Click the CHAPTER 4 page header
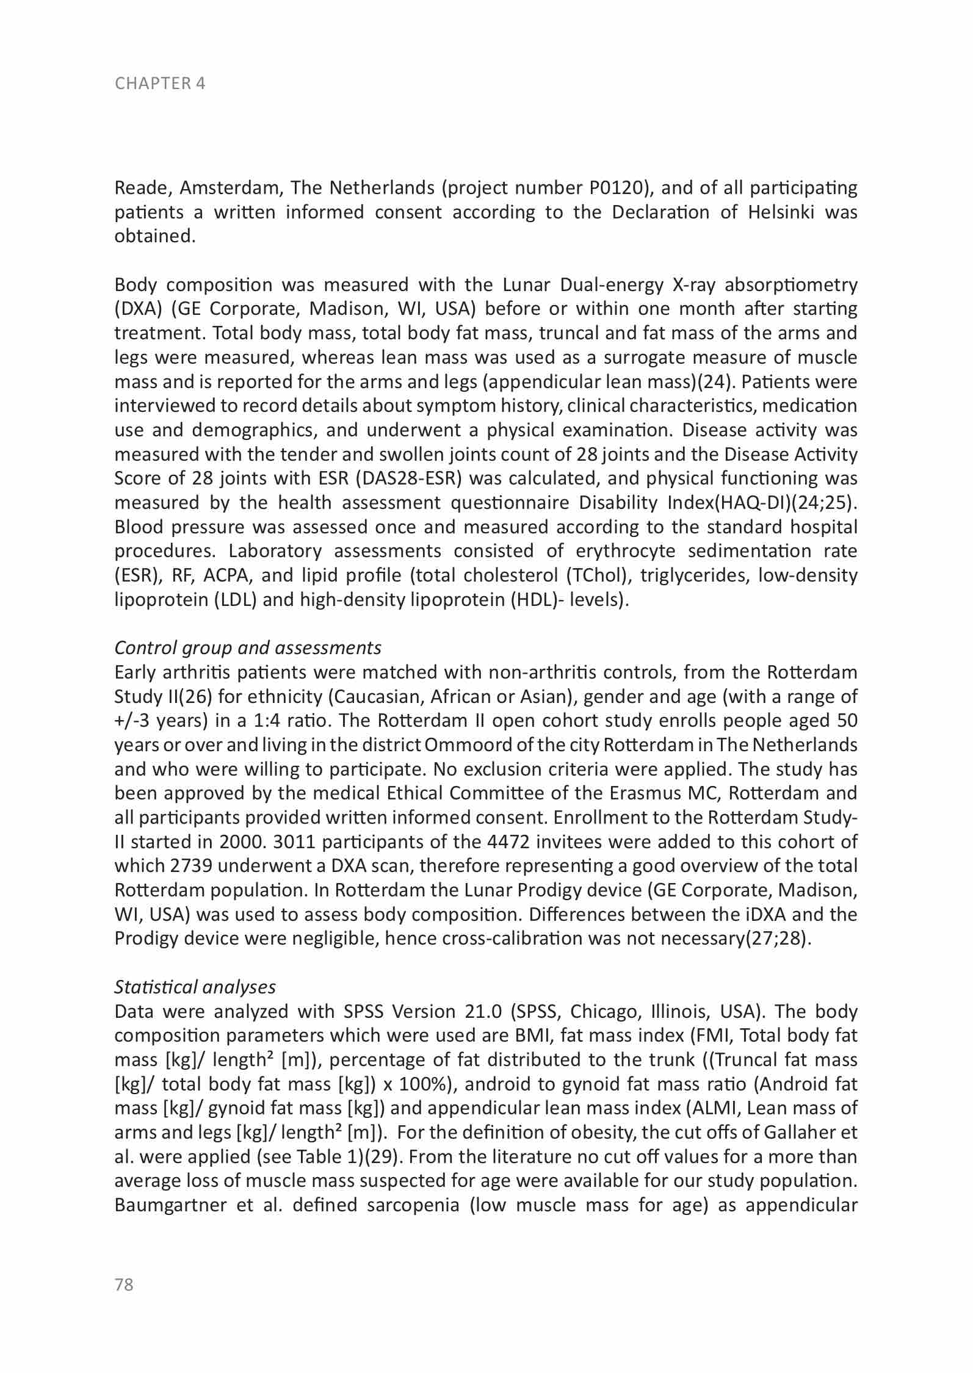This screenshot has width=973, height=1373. pyautogui.click(x=160, y=84)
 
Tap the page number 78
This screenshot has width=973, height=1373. pyautogui.click(x=124, y=1285)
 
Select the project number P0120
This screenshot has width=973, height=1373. pyautogui.click(x=618, y=188)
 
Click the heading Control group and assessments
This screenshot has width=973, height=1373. pyautogui.click(x=248, y=647)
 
